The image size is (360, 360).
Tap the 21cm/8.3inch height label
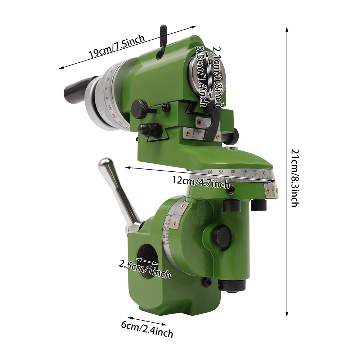click(293, 179)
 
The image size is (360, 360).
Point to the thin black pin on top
click(163, 36)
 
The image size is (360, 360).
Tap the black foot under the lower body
click(232, 285)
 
